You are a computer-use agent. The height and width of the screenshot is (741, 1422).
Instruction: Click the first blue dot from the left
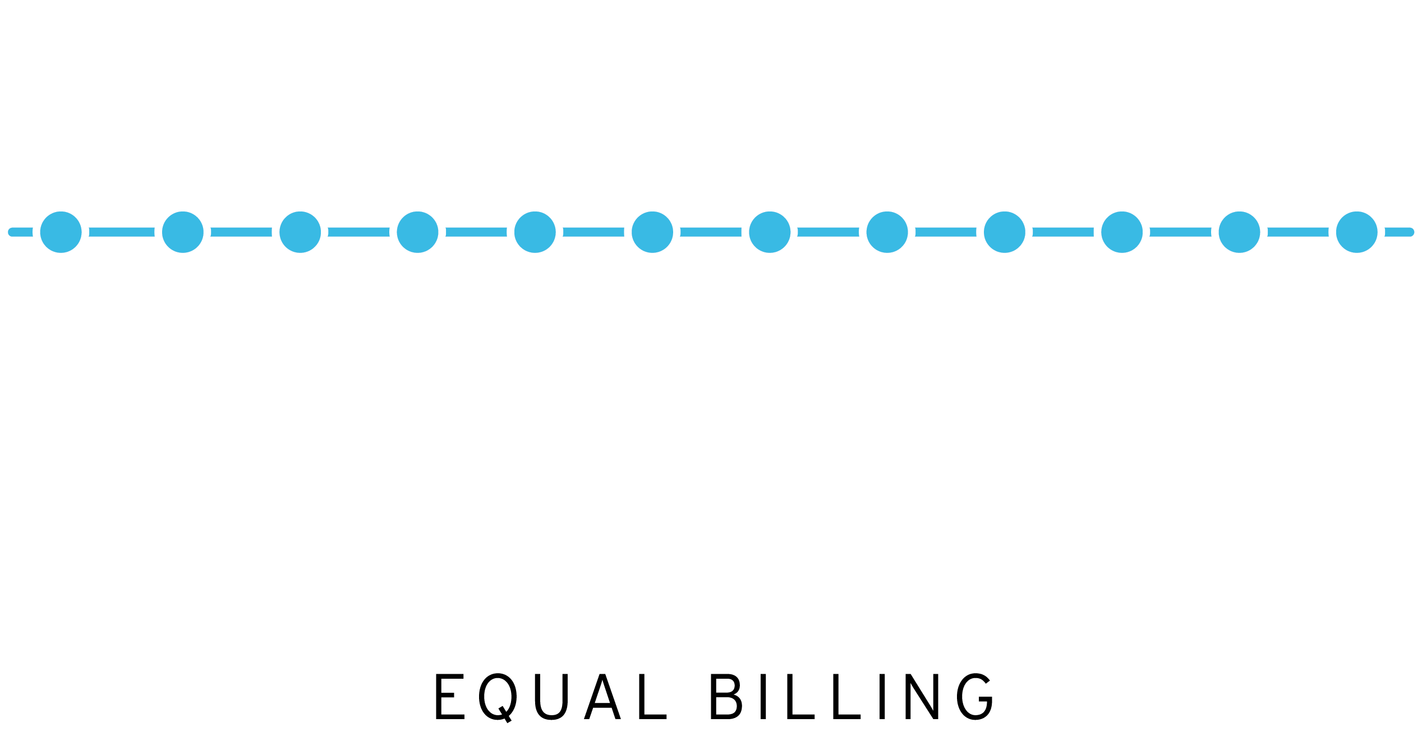[61, 232]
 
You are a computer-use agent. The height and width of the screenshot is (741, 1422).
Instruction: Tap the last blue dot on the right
[1356, 232]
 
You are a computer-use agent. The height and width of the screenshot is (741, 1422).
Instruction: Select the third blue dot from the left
[300, 232]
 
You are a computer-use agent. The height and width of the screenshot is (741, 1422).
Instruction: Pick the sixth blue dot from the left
[652, 232]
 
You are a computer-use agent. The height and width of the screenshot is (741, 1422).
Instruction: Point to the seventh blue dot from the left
[770, 232]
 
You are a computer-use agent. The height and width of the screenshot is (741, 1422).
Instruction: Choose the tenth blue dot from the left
[1122, 232]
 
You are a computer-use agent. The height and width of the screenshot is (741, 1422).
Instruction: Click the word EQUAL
[550, 696]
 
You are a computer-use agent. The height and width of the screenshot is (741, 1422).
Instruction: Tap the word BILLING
[852, 696]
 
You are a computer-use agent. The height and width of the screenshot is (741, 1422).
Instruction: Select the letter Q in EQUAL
[498, 697]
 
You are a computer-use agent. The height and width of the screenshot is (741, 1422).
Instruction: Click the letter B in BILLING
[726, 696]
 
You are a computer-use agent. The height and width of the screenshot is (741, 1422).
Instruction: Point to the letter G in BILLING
[975, 696]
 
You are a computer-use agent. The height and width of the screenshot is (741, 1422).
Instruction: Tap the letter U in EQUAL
[551, 696]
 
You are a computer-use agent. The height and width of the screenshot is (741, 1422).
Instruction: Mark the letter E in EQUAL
[450, 696]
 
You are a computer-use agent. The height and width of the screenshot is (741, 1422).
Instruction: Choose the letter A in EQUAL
[602, 696]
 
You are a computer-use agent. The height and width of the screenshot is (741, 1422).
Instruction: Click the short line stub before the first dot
[21, 232]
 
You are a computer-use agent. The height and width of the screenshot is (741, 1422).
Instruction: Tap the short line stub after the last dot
[1398, 232]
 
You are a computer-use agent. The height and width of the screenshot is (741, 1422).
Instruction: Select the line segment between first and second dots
[122, 232]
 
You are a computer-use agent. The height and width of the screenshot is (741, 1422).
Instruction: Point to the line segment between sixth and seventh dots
[711, 232]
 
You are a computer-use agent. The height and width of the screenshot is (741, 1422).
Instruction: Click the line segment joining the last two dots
[1298, 232]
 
